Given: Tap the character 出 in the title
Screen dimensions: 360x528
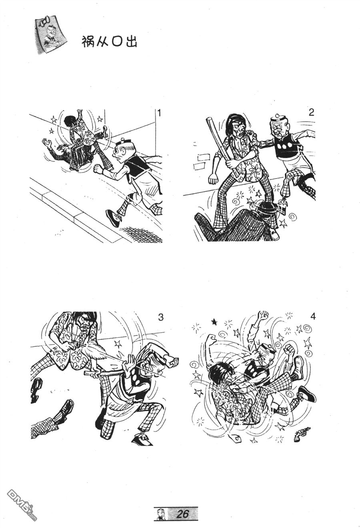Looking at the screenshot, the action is [x=131, y=42].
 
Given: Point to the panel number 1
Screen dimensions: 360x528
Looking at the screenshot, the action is [x=159, y=114].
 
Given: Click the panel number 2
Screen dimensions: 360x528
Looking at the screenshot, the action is [x=311, y=113].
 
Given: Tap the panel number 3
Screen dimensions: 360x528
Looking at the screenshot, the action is [x=161, y=317].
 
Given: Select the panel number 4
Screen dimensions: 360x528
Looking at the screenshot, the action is [x=313, y=317].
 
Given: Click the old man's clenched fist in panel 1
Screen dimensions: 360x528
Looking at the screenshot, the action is [x=98, y=169].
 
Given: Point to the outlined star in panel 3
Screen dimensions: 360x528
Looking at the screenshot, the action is [x=118, y=344].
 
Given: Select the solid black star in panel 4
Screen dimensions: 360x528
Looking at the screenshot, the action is [x=214, y=321].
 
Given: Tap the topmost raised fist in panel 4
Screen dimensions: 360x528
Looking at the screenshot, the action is [x=263, y=315].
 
